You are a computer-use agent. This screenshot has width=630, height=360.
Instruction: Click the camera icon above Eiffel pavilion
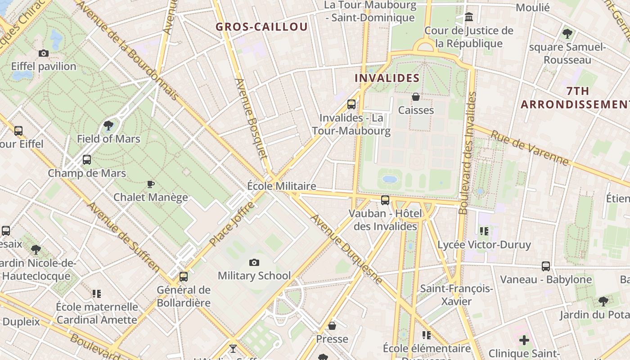pyautogui.click(x=44, y=54)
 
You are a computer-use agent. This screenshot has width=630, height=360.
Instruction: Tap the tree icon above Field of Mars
pyautogui.click(x=108, y=126)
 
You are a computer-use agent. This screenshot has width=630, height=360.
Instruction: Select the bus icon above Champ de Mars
pyautogui.click(x=87, y=160)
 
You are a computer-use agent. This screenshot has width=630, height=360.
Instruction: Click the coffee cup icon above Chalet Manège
pyautogui.click(x=151, y=184)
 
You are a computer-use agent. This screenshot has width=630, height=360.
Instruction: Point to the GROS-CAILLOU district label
pyautogui.click(x=261, y=27)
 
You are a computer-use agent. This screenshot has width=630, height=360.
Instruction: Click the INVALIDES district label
pyautogui.click(x=387, y=78)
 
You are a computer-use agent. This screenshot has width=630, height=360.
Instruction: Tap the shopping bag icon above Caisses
pyautogui.click(x=416, y=97)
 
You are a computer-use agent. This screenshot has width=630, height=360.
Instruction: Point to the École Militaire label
pyautogui.click(x=282, y=186)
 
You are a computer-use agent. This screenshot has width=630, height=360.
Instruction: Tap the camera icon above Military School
pyautogui.click(x=254, y=262)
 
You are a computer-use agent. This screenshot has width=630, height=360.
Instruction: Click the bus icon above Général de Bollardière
pyautogui.click(x=184, y=277)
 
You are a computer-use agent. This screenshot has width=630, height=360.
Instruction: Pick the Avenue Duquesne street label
pyautogui.click(x=346, y=249)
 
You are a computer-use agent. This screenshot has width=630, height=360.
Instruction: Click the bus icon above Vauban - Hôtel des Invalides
pyautogui.click(x=385, y=200)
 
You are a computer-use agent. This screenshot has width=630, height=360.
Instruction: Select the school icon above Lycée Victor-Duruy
pyautogui.click(x=484, y=231)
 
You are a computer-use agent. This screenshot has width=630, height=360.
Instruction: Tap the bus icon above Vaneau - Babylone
pyautogui.click(x=546, y=266)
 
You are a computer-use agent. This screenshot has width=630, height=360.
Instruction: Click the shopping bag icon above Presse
pyautogui.click(x=332, y=326)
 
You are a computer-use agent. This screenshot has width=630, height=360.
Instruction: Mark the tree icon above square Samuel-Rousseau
pyautogui.click(x=567, y=34)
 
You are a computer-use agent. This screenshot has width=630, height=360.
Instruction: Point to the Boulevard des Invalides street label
pyautogui.click(x=467, y=153)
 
